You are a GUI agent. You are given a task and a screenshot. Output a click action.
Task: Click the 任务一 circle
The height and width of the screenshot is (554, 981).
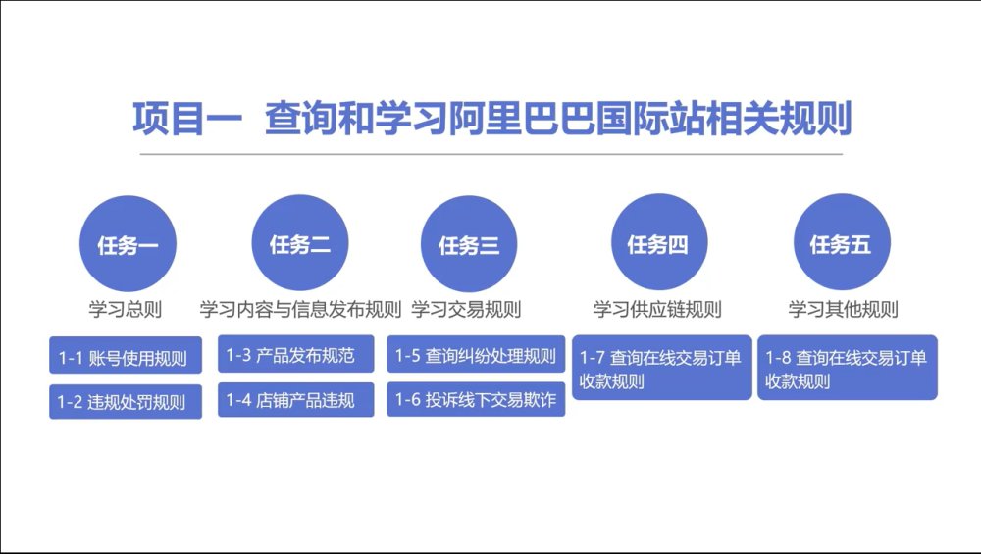128,243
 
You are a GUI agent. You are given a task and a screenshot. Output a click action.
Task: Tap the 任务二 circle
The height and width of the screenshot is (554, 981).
299,242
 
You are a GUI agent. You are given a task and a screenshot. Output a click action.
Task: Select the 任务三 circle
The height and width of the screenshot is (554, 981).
469,244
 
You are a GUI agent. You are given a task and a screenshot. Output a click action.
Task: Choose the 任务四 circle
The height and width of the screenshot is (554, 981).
659,242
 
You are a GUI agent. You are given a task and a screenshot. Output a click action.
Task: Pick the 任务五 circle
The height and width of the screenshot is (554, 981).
842,242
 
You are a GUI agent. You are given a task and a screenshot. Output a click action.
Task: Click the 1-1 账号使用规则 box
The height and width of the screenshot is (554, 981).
126,355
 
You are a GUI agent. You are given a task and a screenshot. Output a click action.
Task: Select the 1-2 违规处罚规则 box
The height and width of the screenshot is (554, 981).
126,401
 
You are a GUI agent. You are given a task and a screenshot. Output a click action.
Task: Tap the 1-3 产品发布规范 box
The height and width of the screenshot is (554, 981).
295,354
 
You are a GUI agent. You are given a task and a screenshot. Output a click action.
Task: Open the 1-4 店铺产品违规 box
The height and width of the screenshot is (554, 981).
295,399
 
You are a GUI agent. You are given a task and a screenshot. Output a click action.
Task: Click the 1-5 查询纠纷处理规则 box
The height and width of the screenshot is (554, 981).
476,354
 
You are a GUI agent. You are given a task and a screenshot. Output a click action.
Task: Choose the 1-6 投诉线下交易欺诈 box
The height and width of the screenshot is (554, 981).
476,399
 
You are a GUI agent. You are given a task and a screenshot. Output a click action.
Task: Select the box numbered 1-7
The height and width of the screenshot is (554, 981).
661,368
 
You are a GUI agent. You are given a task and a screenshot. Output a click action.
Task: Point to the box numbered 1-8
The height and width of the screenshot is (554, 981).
848,368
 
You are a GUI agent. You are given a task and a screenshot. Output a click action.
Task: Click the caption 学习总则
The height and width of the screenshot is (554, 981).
126,309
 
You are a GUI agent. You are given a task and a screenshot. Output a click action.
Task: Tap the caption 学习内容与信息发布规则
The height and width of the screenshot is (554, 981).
300,309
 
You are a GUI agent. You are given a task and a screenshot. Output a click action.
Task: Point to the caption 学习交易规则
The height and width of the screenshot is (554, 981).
466,309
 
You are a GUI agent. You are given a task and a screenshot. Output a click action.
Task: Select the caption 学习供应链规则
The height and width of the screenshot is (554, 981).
657,309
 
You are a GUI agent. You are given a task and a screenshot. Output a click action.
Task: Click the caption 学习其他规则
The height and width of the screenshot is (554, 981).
843,309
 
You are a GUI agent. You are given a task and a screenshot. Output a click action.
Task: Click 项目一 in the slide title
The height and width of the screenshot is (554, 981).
187,119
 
